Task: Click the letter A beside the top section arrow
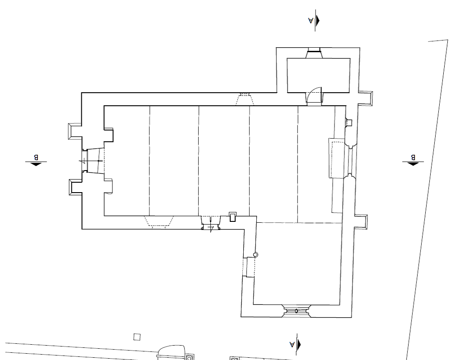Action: point(311,20)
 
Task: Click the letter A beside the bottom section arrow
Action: point(292,344)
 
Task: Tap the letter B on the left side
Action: point(36,157)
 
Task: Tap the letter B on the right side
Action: point(413,157)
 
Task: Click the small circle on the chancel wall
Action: point(255,255)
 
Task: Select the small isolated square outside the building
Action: point(137,337)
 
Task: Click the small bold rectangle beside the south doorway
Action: point(233,217)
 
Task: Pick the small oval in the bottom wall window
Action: point(296,311)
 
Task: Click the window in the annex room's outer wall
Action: point(314,53)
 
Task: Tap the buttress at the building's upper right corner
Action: point(366,98)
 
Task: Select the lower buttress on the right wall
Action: point(361,222)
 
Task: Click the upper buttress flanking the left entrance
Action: point(75,131)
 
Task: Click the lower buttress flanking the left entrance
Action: point(76,187)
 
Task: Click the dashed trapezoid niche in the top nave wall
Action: point(245,99)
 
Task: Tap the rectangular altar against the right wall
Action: point(337,158)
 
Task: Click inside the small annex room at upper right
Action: point(319,74)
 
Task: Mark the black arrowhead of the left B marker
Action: point(36,164)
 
